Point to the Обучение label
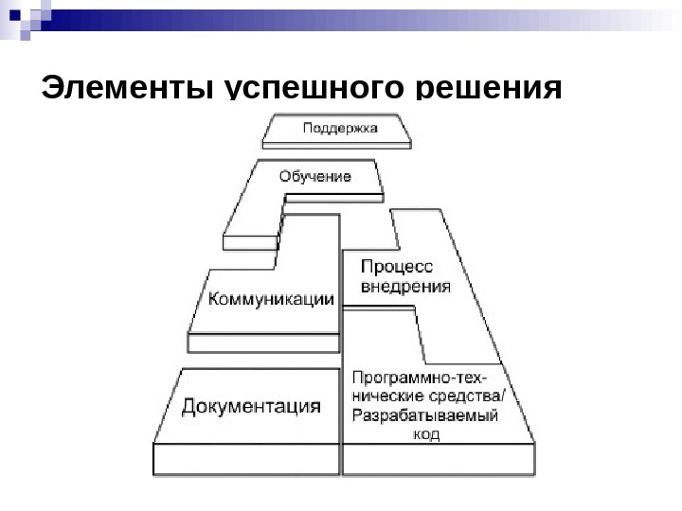315,176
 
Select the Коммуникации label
271,300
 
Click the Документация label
251,407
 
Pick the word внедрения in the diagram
404,287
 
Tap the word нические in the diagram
386,396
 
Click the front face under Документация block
246,460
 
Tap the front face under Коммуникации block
263,344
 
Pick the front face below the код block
439,460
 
